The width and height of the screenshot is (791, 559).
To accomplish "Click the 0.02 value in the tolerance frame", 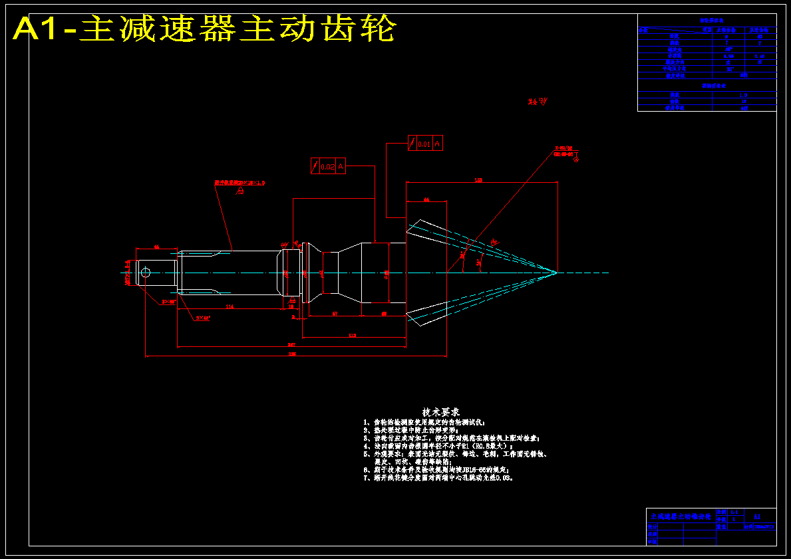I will pos(328,167).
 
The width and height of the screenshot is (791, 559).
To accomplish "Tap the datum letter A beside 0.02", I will pos(341,167).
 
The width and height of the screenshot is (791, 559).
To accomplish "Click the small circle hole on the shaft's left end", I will pos(146,272).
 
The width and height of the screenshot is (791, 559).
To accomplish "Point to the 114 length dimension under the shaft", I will pos(230,306).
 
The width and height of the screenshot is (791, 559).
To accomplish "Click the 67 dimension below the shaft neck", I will pos(335,313).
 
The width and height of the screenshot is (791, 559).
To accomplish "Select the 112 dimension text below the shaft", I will pos(353,336).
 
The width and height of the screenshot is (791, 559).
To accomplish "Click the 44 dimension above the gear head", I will pos(426,199).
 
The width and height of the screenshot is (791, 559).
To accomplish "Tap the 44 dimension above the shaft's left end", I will pos(156,247).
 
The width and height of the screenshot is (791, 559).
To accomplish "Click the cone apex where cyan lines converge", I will pos(555,272).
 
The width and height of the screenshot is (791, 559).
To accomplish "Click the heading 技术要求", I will pos(441,412).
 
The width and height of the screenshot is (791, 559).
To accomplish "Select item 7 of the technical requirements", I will pos(439,477).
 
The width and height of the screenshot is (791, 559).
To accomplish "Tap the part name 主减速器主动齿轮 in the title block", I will pos(680,516).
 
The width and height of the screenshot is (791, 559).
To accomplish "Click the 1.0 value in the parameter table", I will pos(744,95).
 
